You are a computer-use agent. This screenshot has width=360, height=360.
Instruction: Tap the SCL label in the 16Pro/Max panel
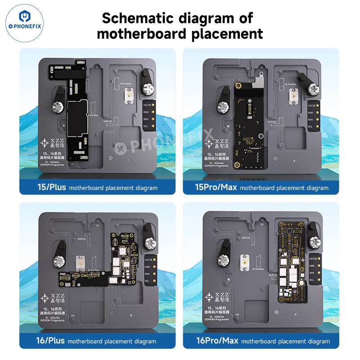point(310,280)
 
